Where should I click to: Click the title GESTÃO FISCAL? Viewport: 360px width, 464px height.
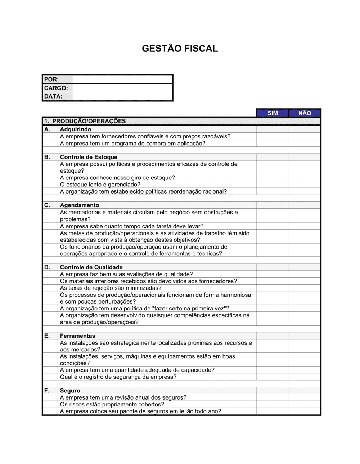180,49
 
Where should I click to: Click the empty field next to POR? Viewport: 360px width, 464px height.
122,79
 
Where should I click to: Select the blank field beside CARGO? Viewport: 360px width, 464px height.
122,88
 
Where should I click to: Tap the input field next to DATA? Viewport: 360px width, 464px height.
122,96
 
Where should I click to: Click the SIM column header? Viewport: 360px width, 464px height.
273,113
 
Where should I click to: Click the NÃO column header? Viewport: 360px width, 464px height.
305,113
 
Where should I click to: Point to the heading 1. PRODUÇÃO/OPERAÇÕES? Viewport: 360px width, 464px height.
85,121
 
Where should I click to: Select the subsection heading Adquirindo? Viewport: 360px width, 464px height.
76,129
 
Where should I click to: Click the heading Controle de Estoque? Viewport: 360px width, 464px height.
89,157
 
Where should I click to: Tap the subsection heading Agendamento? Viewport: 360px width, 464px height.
80,205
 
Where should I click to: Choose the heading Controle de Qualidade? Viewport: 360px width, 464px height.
91,267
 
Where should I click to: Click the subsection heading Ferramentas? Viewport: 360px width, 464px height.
77,336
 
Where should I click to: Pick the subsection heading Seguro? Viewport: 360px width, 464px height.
70,391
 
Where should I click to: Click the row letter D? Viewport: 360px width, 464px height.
47,267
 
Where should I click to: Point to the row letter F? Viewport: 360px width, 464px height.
47,391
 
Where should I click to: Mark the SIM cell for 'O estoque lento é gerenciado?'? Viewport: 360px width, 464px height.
273,185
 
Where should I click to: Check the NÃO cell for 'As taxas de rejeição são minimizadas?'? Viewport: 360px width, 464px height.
305,288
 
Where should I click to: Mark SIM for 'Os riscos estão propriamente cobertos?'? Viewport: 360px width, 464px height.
273,404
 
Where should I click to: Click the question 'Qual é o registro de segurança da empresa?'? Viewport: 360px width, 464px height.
118,377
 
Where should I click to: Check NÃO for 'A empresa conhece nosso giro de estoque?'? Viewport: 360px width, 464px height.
305,178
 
